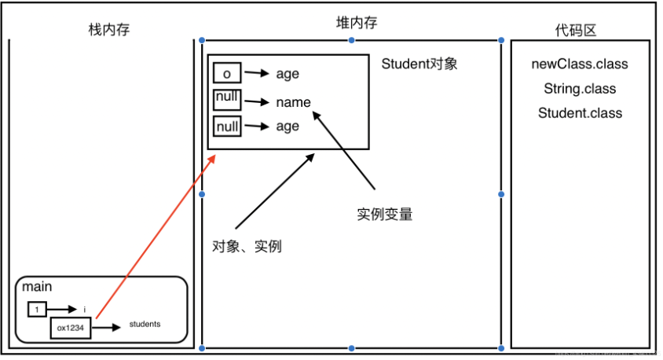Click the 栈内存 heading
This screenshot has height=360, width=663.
[x=108, y=30]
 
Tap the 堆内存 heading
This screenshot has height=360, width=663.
[x=351, y=24]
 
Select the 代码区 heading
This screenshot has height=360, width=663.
[x=576, y=30]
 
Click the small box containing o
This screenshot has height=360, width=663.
[x=226, y=74]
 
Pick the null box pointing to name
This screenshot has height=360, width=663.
[x=226, y=100]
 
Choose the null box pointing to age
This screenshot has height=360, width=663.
[x=226, y=126]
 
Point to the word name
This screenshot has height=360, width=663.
[x=293, y=102]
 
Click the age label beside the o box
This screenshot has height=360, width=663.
[x=288, y=75]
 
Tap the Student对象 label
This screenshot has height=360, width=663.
[x=419, y=64]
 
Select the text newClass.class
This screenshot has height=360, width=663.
[x=580, y=64]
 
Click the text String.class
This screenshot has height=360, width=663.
[x=580, y=89]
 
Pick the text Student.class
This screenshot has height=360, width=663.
[x=580, y=113]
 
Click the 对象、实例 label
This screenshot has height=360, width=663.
[x=247, y=246]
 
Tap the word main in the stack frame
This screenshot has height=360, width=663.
[x=38, y=288]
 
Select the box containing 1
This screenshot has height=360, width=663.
[x=37, y=310]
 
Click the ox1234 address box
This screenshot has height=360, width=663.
[x=71, y=328]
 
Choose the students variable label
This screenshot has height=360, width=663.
[x=145, y=324]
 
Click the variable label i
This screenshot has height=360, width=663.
[x=85, y=310]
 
